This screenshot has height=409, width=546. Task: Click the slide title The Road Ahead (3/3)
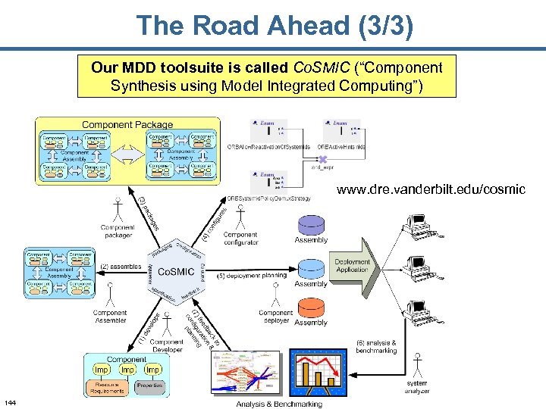pyautogui.click(x=275, y=27)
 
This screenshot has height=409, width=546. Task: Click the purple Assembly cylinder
pyautogui.click(x=310, y=224)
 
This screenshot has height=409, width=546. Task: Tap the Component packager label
pyautogui.click(x=118, y=231)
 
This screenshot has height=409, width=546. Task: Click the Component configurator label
pyautogui.click(x=240, y=239)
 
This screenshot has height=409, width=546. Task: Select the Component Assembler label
pyautogui.click(x=110, y=317)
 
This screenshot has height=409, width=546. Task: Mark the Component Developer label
pyautogui.click(x=166, y=345)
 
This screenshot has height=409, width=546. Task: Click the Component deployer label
pyautogui.click(x=275, y=317)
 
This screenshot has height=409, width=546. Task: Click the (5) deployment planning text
pyautogui.click(x=252, y=276)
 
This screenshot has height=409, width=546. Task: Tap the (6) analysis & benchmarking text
pyautogui.click(x=376, y=347)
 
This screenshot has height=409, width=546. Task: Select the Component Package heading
pyautogui.click(x=127, y=124)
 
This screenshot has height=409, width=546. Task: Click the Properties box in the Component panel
pyautogui.click(x=149, y=386)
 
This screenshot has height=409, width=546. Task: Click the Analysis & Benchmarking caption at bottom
pyautogui.click(x=279, y=404)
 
